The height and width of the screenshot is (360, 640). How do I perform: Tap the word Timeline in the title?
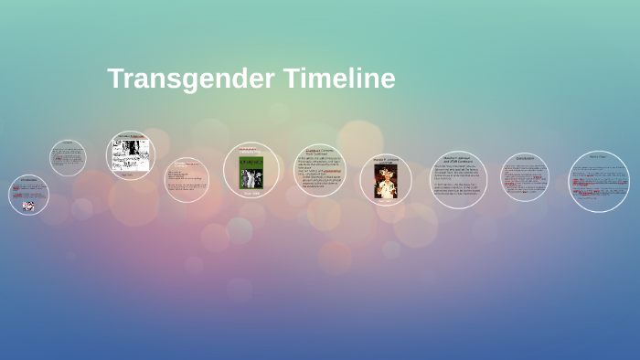click(x=339, y=79)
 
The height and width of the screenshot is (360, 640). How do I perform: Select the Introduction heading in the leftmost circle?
click(x=28, y=180)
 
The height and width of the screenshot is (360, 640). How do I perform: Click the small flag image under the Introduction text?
click(x=28, y=206)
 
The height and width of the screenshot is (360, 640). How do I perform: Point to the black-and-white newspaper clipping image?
click(x=131, y=155)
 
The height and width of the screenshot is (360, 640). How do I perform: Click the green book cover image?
click(x=251, y=172)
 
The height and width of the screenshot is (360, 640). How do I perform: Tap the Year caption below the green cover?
click(x=251, y=193)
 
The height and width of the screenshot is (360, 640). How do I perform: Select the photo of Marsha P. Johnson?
click(x=386, y=181)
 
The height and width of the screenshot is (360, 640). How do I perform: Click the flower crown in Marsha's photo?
click(x=386, y=169)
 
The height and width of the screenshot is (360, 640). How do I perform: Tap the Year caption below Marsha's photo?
click(x=386, y=201)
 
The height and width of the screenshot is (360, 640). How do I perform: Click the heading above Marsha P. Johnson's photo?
click(x=386, y=161)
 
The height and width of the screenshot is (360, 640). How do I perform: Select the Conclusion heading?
click(x=525, y=158)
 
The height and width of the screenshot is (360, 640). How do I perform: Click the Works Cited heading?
click(x=599, y=156)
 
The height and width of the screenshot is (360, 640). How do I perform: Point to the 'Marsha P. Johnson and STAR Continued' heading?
click(x=459, y=159)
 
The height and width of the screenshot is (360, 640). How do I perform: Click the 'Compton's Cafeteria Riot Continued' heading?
click(x=320, y=152)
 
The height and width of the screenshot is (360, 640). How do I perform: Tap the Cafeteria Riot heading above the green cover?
click(x=251, y=150)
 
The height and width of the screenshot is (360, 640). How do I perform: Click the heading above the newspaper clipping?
click(x=131, y=136)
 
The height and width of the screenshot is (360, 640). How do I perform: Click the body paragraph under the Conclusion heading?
click(x=525, y=178)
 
